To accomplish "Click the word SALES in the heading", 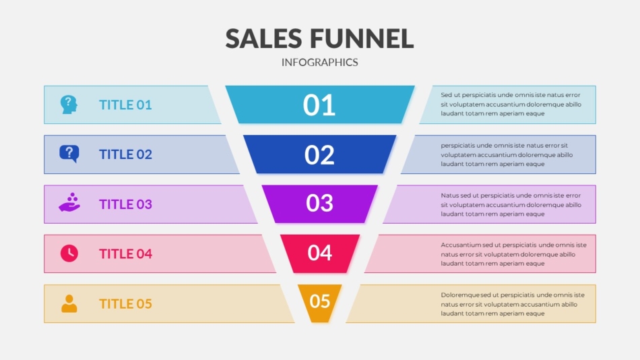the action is [263, 39].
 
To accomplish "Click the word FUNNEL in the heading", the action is [362, 39].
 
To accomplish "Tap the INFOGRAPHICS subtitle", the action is [319, 62].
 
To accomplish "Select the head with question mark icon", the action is [69, 104].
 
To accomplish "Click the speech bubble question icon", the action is [69, 154].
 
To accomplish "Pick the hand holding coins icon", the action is [69, 202].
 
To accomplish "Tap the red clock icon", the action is [69, 253].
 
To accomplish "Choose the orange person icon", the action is [69, 303].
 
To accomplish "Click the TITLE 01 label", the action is [125, 105].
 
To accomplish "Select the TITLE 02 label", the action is [125, 154].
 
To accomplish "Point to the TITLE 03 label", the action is [125, 204].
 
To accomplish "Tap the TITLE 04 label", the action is [125, 253].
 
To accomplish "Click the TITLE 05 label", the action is [125, 303].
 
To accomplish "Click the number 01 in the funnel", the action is [319, 105].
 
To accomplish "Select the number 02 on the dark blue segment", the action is [319, 155].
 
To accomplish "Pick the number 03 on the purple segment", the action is [319, 203].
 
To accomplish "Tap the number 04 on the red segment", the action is [319, 253].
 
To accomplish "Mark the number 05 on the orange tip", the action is [319, 301].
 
